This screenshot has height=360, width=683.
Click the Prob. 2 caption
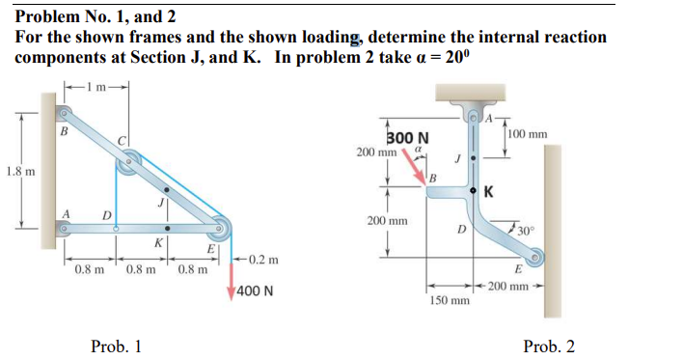[x=548, y=346]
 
